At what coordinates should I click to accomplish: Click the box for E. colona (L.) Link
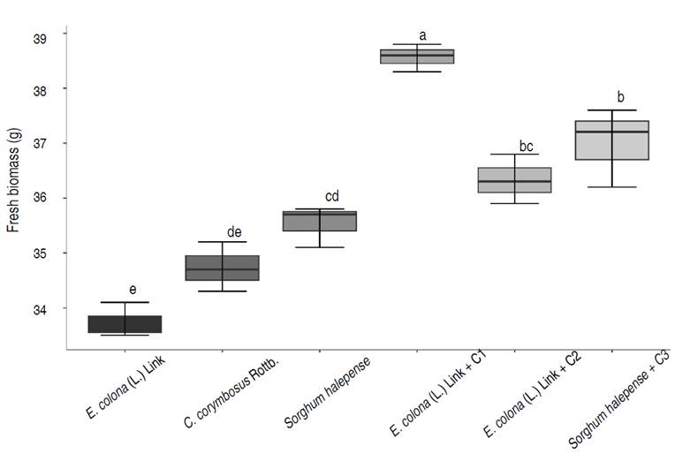coord(125,324)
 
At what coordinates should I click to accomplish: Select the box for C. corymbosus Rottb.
coord(222,268)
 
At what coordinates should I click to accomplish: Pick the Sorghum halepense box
coord(320,221)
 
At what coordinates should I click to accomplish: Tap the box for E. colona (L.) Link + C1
coord(417,57)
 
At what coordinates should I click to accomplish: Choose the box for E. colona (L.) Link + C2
coord(514,180)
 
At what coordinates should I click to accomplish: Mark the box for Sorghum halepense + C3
coord(611,140)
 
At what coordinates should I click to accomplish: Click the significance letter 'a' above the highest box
coord(422,35)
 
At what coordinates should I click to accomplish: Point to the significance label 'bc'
coord(527,145)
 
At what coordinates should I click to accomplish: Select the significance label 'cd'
coord(331,196)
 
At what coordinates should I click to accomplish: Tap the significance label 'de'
coord(234,231)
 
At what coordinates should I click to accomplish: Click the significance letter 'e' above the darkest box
coord(133,289)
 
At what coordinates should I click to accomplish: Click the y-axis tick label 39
coord(44,35)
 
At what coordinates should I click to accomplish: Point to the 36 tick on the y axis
coord(44,198)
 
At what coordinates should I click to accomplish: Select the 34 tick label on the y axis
coord(44,308)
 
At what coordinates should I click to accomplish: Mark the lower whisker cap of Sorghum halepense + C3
coord(611,187)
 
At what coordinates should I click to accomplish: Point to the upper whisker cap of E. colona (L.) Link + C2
coord(514,155)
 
